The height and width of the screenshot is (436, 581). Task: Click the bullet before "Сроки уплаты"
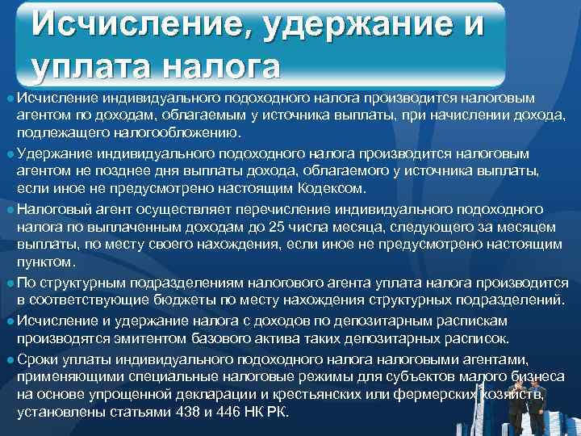9,358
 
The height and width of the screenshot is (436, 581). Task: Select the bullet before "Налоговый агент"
9,208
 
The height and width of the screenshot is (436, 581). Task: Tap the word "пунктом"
47,262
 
